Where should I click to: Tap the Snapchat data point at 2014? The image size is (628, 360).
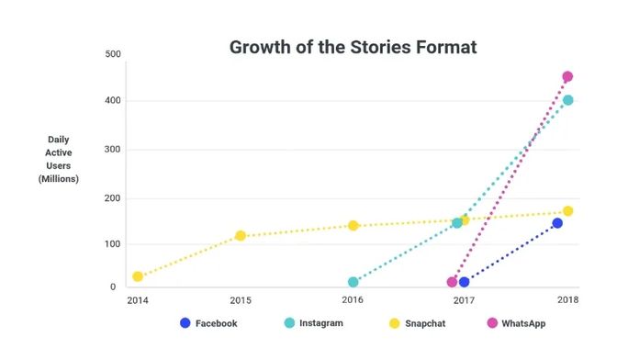pyautogui.click(x=138, y=276)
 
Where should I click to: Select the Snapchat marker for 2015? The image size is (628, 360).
pyautogui.click(x=241, y=236)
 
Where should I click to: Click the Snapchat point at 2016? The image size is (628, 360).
pyautogui.click(x=353, y=226)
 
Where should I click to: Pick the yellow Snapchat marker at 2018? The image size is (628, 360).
pyautogui.click(x=567, y=211)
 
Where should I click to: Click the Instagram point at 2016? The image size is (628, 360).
pyautogui.click(x=353, y=282)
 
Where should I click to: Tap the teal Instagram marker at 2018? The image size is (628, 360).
pyautogui.click(x=567, y=100)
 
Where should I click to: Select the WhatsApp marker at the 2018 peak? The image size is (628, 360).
pyautogui.click(x=567, y=77)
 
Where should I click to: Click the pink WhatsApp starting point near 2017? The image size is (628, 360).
pyautogui.click(x=452, y=282)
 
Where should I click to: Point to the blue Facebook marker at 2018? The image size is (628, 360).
pyautogui.click(x=557, y=223)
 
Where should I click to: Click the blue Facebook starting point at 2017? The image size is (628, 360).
pyautogui.click(x=465, y=282)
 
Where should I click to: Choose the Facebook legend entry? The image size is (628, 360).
pyautogui.click(x=208, y=323)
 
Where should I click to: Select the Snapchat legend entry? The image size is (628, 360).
pyautogui.click(x=419, y=323)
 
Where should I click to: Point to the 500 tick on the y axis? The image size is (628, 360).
pyautogui.click(x=114, y=54)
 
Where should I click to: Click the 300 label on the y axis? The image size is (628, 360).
pyautogui.click(x=114, y=150)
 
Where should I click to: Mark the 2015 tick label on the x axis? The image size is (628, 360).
pyautogui.click(x=241, y=300)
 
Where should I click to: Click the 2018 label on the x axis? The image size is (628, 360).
pyautogui.click(x=567, y=300)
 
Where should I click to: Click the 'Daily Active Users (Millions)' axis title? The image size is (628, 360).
pyautogui.click(x=58, y=159)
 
